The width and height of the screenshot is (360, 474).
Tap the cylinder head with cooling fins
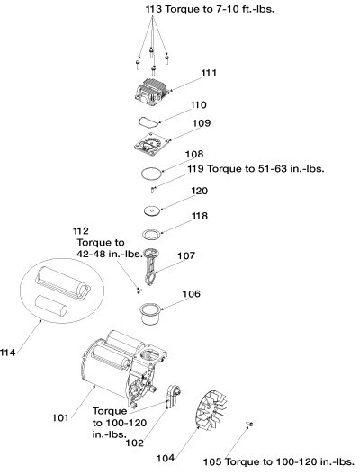(x=148, y=90)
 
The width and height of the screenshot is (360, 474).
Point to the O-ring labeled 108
(x=153, y=170)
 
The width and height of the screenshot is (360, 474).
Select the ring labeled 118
(x=153, y=234)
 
